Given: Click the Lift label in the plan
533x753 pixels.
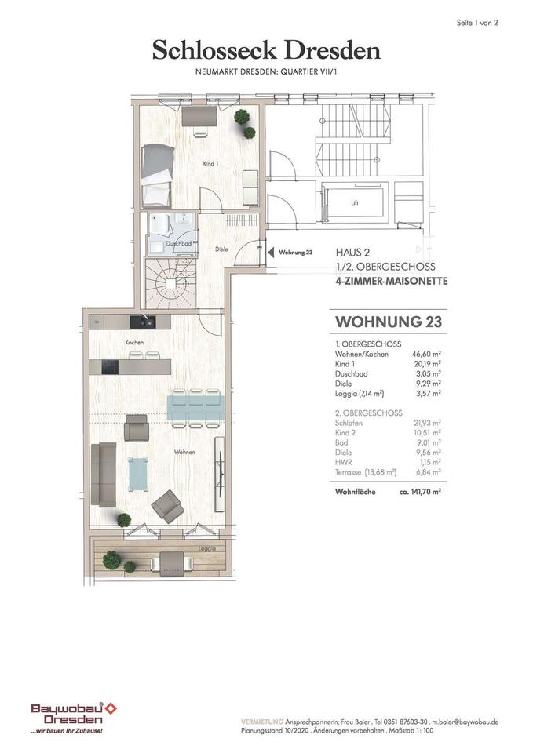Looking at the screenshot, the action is (x=355, y=202).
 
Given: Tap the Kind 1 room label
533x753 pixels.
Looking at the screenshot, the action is (x=210, y=164).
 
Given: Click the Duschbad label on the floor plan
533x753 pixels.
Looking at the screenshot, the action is (x=179, y=243).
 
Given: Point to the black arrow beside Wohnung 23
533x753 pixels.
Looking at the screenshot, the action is (x=271, y=252).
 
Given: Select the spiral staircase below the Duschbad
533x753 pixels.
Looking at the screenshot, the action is (x=170, y=283).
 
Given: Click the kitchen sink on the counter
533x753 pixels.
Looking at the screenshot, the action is (x=143, y=322).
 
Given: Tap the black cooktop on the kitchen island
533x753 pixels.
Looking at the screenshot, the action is (x=110, y=367).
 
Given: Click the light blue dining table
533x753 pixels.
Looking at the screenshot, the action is (x=195, y=408).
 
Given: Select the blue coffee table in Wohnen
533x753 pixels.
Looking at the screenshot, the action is (x=138, y=474).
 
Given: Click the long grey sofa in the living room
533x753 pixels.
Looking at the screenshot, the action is (x=104, y=474).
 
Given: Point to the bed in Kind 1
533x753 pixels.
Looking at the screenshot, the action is (x=158, y=176).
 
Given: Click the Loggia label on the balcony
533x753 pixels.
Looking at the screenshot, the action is (x=207, y=548).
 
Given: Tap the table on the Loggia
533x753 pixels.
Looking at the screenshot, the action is (x=172, y=561).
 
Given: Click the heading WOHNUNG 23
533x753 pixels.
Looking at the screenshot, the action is (x=389, y=322).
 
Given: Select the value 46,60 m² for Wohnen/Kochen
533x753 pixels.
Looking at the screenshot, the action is (x=427, y=354).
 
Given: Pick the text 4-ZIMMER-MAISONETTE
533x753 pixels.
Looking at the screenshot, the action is (x=391, y=281).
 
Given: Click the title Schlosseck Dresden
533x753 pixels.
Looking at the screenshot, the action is (x=266, y=50).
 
